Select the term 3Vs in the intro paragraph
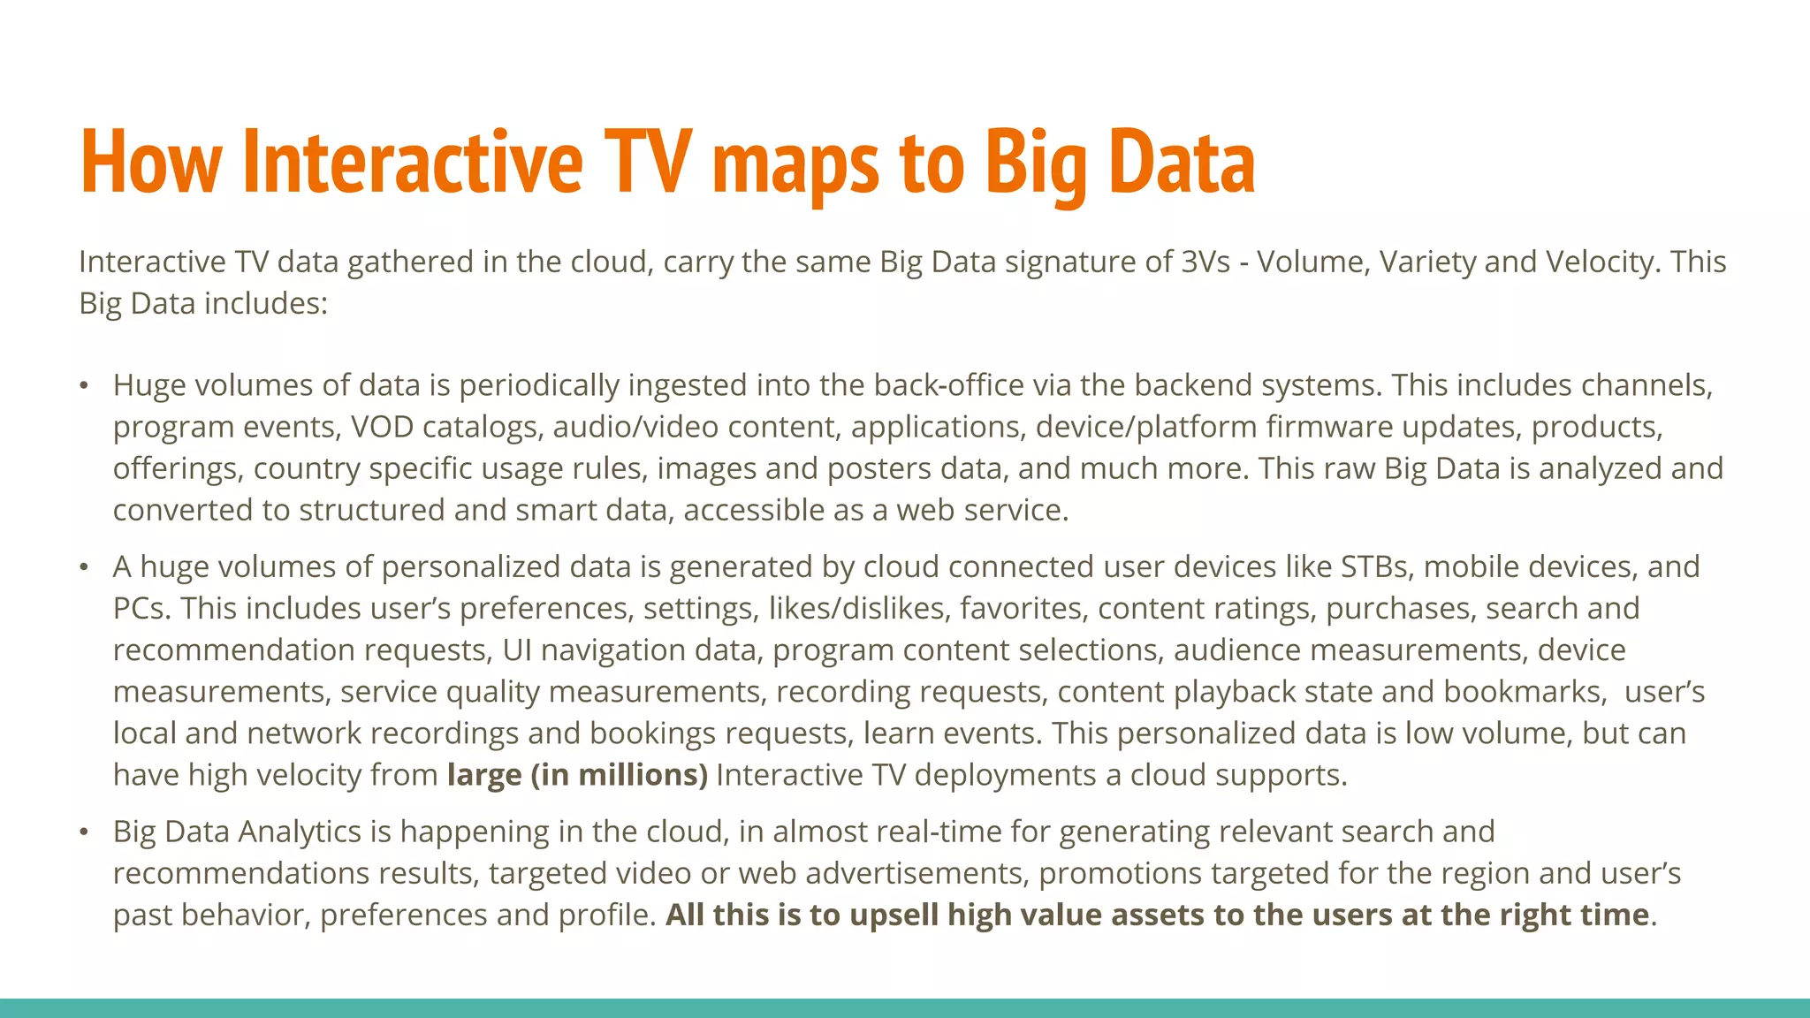point(1205,262)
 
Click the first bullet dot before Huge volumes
point(84,386)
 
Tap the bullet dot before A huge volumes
point(84,567)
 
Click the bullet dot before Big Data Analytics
point(84,832)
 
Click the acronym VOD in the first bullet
point(382,427)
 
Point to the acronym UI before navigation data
point(517,650)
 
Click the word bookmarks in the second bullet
point(1525,691)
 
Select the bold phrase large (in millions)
point(577,775)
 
